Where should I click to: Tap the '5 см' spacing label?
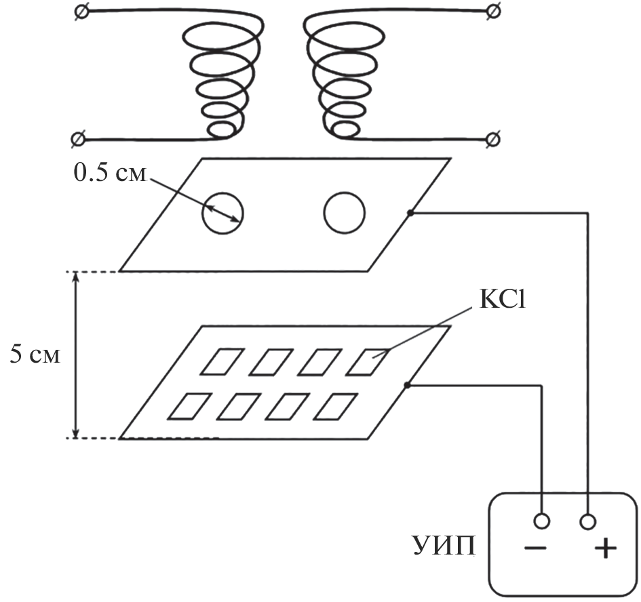pos(35,355)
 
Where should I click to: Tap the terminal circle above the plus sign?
pos(588,521)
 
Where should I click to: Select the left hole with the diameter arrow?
pos(222,213)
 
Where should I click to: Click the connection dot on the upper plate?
pos(410,214)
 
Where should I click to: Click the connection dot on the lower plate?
pos(407,386)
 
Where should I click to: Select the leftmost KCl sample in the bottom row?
pos(187,406)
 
